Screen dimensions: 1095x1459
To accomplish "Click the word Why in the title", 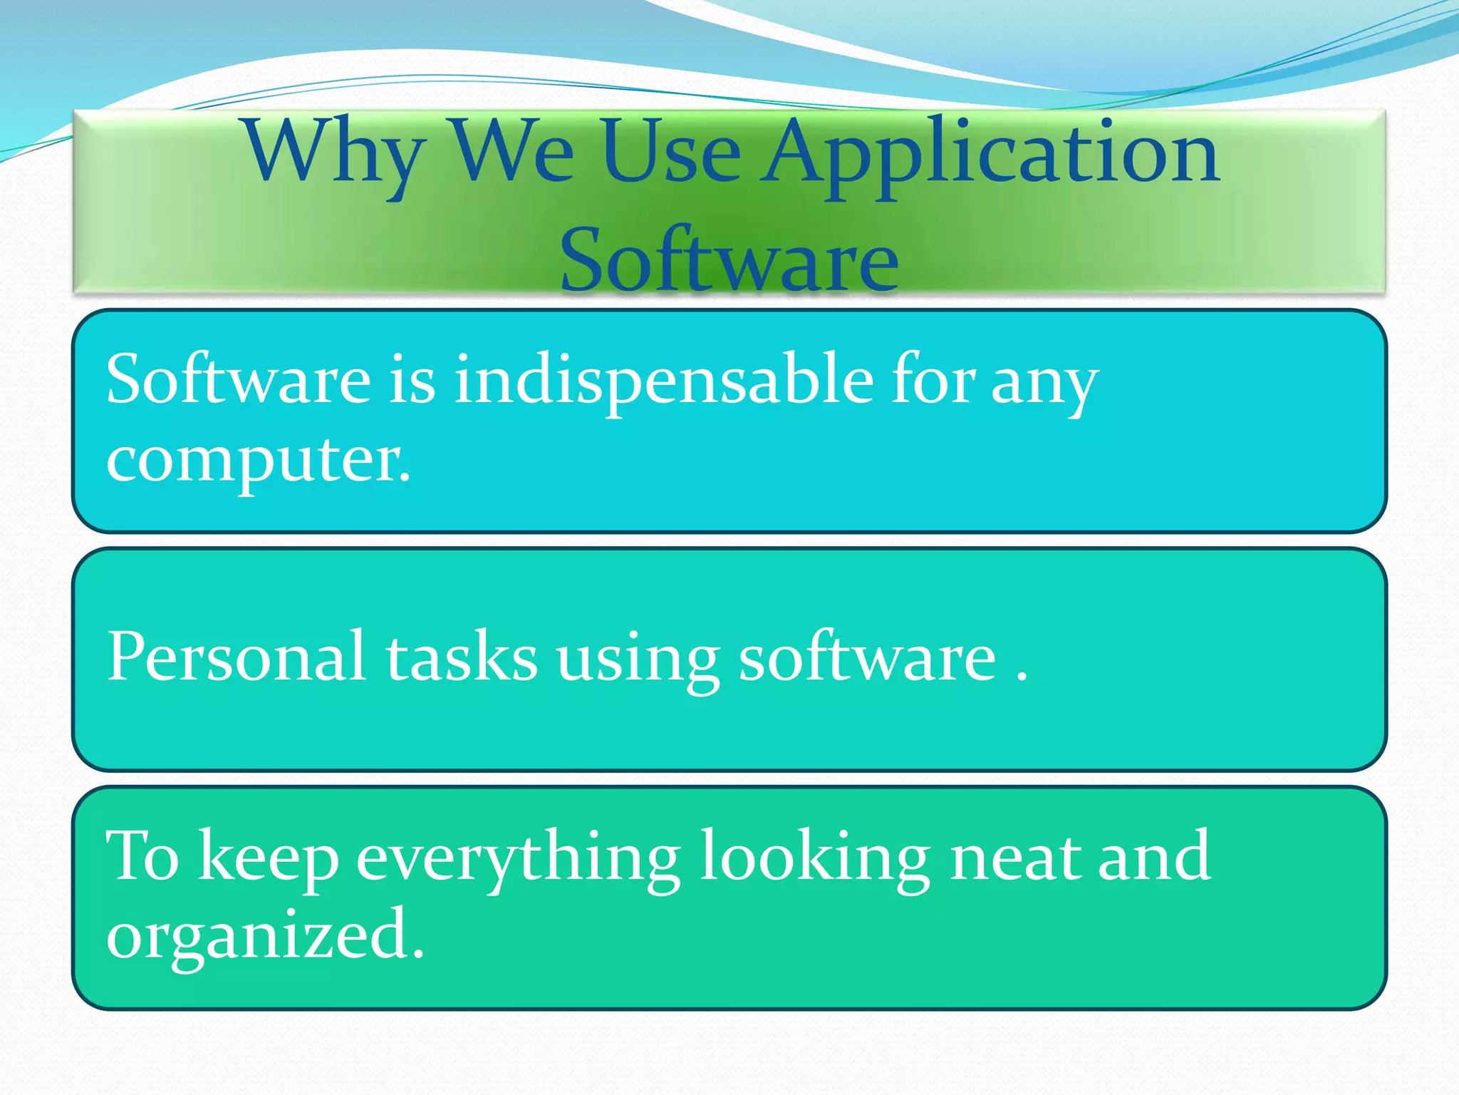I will tap(335, 153).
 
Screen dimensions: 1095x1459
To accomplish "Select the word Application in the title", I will tap(992, 153).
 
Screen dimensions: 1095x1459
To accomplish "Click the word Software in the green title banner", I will tap(729, 260).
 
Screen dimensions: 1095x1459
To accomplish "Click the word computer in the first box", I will tap(258, 460).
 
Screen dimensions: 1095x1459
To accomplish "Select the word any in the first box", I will tap(1044, 381).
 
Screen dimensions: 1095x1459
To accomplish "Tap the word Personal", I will tap(237, 657).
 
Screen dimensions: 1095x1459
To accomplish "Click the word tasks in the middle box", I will tap(462, 657).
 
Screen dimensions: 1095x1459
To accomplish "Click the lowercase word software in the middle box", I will tap(867, 657).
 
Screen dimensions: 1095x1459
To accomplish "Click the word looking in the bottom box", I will tap(814, 858).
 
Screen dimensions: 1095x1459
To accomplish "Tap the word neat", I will tap(1014, 856).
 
